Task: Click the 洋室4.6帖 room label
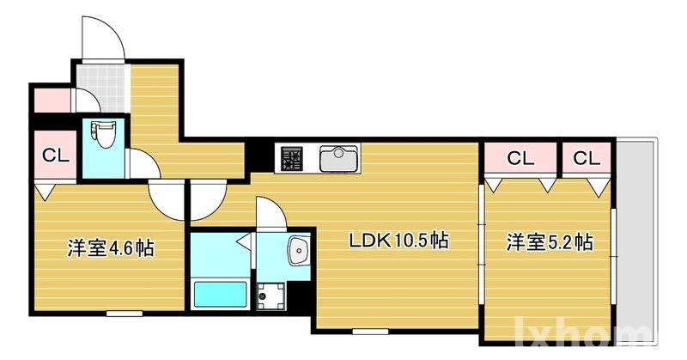point(111,249)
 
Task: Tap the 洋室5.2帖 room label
point(548,242)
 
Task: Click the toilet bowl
point(103,137)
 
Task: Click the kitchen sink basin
point(339,158)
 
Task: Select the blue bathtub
point(221,295)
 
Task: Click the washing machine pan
point(274,295)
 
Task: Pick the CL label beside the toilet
point(55,156)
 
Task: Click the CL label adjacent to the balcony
point(587,157)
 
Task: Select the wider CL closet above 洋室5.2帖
point(520,157)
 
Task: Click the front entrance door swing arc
point(100,38)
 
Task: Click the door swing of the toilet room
point(139,163)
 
